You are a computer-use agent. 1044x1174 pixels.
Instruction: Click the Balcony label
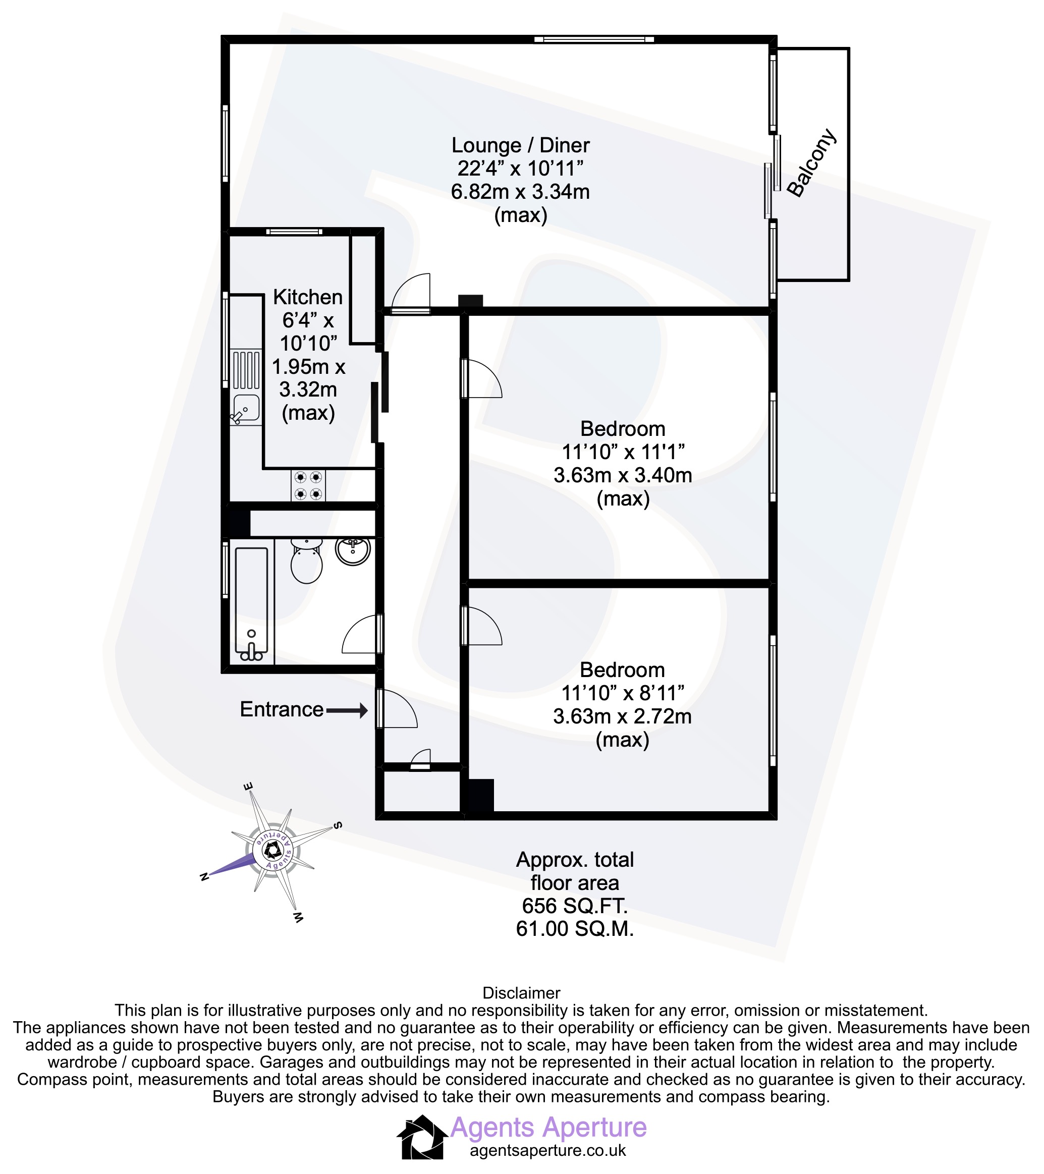[x=811, y=163]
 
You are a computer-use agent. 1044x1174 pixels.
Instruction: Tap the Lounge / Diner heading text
[x=521, y=145]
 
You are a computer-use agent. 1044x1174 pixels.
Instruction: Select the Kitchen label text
[x=308, y=297]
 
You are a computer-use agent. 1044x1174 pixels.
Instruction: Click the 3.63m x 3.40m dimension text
[x=623, y=475]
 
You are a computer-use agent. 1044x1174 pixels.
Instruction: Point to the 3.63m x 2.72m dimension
[x=622, y=716]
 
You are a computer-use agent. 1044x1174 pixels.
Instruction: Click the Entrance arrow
[x=347, y=710]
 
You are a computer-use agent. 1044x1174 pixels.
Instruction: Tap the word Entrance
[x=282, y=709]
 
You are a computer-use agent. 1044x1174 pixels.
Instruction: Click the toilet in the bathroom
[x=306, y=561]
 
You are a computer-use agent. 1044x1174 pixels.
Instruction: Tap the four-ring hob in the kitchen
[x=308, y=485]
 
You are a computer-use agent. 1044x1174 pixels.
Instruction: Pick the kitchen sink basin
[x=246, y=408]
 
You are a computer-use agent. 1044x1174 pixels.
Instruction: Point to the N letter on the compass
[x=203, y=876]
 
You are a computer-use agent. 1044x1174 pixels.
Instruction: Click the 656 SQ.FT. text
[x=575, y=906]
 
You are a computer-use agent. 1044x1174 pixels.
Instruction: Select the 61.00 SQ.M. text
[x=575, y=929]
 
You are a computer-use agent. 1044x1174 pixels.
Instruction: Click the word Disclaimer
[x=521, y=993]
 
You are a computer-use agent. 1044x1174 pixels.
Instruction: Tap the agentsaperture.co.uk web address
[x=547, y=1150]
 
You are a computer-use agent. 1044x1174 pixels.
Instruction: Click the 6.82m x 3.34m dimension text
[x=521, y=191]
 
